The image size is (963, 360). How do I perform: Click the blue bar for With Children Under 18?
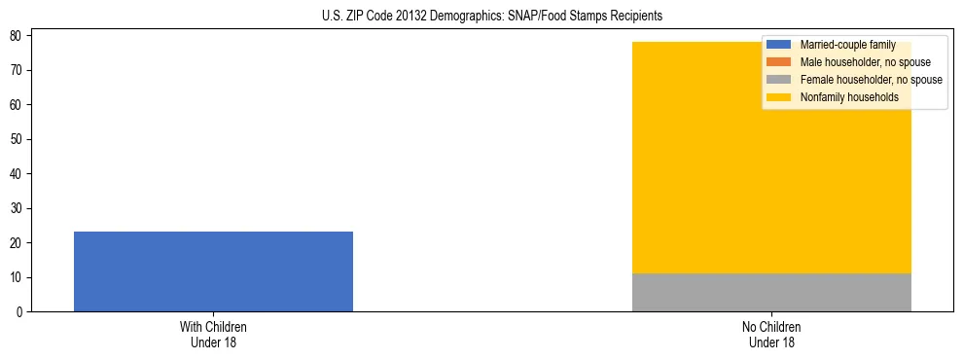213,271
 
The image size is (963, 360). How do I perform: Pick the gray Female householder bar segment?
771,292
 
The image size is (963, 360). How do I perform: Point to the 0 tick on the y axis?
20,312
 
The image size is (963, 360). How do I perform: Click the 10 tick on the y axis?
18,277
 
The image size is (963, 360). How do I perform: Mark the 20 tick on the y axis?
18,243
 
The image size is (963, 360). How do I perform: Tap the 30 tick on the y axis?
18,208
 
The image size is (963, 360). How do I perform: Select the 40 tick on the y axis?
18,174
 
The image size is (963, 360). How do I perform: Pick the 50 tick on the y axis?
18,139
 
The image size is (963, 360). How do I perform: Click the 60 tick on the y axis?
18,105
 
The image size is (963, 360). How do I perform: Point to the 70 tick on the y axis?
18,70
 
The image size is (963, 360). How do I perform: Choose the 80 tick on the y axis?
18,36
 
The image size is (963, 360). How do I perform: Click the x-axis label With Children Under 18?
213,335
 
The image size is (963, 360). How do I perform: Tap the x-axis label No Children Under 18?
771,335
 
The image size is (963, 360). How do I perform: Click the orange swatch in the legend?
779,62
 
